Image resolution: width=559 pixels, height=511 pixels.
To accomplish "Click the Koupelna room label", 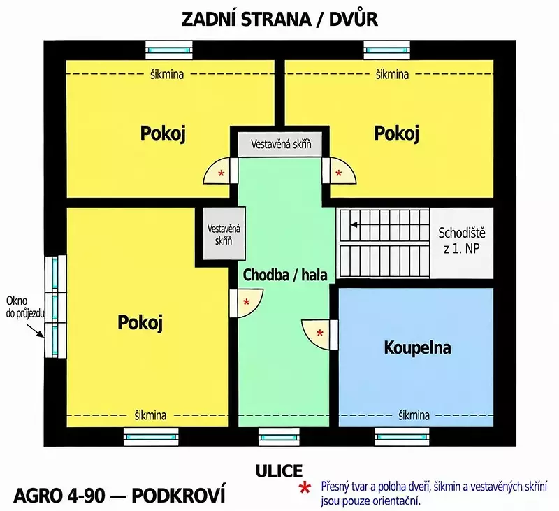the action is point(417,347).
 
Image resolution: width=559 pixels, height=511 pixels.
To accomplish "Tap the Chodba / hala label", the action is point(285,275).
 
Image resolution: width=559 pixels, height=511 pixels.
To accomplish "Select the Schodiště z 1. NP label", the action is point(462,240).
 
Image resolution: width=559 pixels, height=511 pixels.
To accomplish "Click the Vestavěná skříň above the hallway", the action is point(281,145).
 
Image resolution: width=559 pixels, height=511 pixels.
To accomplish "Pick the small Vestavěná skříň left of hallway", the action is point(224,234).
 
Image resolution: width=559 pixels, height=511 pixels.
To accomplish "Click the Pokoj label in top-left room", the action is point(163,134).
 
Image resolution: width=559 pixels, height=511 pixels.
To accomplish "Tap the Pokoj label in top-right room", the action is point(396,134).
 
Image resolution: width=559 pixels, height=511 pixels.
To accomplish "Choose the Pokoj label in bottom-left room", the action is point(140,323).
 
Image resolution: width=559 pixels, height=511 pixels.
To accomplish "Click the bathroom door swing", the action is point(316,334).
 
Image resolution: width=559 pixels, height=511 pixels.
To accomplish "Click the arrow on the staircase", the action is point(354,225).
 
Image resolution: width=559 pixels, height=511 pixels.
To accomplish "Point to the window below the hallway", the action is point(279,437).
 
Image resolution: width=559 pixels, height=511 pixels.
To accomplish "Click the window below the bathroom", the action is point(402,437).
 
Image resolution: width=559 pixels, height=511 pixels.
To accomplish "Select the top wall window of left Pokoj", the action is point(169,50).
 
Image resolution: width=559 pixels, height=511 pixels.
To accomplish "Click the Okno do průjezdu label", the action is point(25,307).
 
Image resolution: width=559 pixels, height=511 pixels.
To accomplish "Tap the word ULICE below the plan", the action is point(279,471).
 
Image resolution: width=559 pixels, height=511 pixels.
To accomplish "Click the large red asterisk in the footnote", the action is point(305,488).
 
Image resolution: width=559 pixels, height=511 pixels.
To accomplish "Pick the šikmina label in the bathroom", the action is point(414,415).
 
